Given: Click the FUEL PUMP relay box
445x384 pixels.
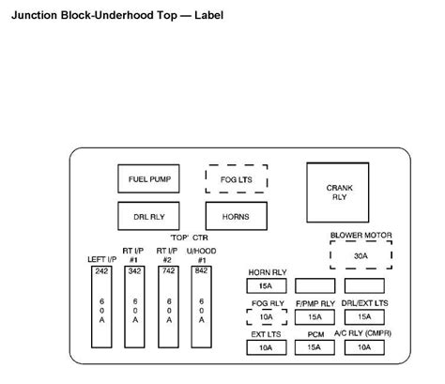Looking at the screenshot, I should click(149, 177).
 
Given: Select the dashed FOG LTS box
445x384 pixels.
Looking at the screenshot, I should click(237, 177).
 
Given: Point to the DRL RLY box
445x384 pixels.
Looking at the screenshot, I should click(149, 216).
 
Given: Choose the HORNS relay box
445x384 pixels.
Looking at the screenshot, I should click(237, 216).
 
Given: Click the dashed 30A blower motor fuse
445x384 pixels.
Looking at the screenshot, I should click(361, 256).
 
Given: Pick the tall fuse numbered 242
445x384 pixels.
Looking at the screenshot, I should click(101, 306).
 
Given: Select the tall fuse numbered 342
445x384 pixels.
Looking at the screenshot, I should click(134, 306).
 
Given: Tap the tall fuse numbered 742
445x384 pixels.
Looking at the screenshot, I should click(167, 306).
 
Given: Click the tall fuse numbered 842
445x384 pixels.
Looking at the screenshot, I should click(200, 306).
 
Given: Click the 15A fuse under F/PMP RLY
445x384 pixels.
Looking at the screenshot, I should click(314, 317).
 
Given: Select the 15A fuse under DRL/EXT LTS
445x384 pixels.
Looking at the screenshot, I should click(363, 317).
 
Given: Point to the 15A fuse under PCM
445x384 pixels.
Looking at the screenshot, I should click(314, 347).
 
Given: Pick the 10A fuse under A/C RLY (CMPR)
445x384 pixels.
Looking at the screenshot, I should click(363, 347).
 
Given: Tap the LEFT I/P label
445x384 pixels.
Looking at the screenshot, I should click(101, 258).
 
